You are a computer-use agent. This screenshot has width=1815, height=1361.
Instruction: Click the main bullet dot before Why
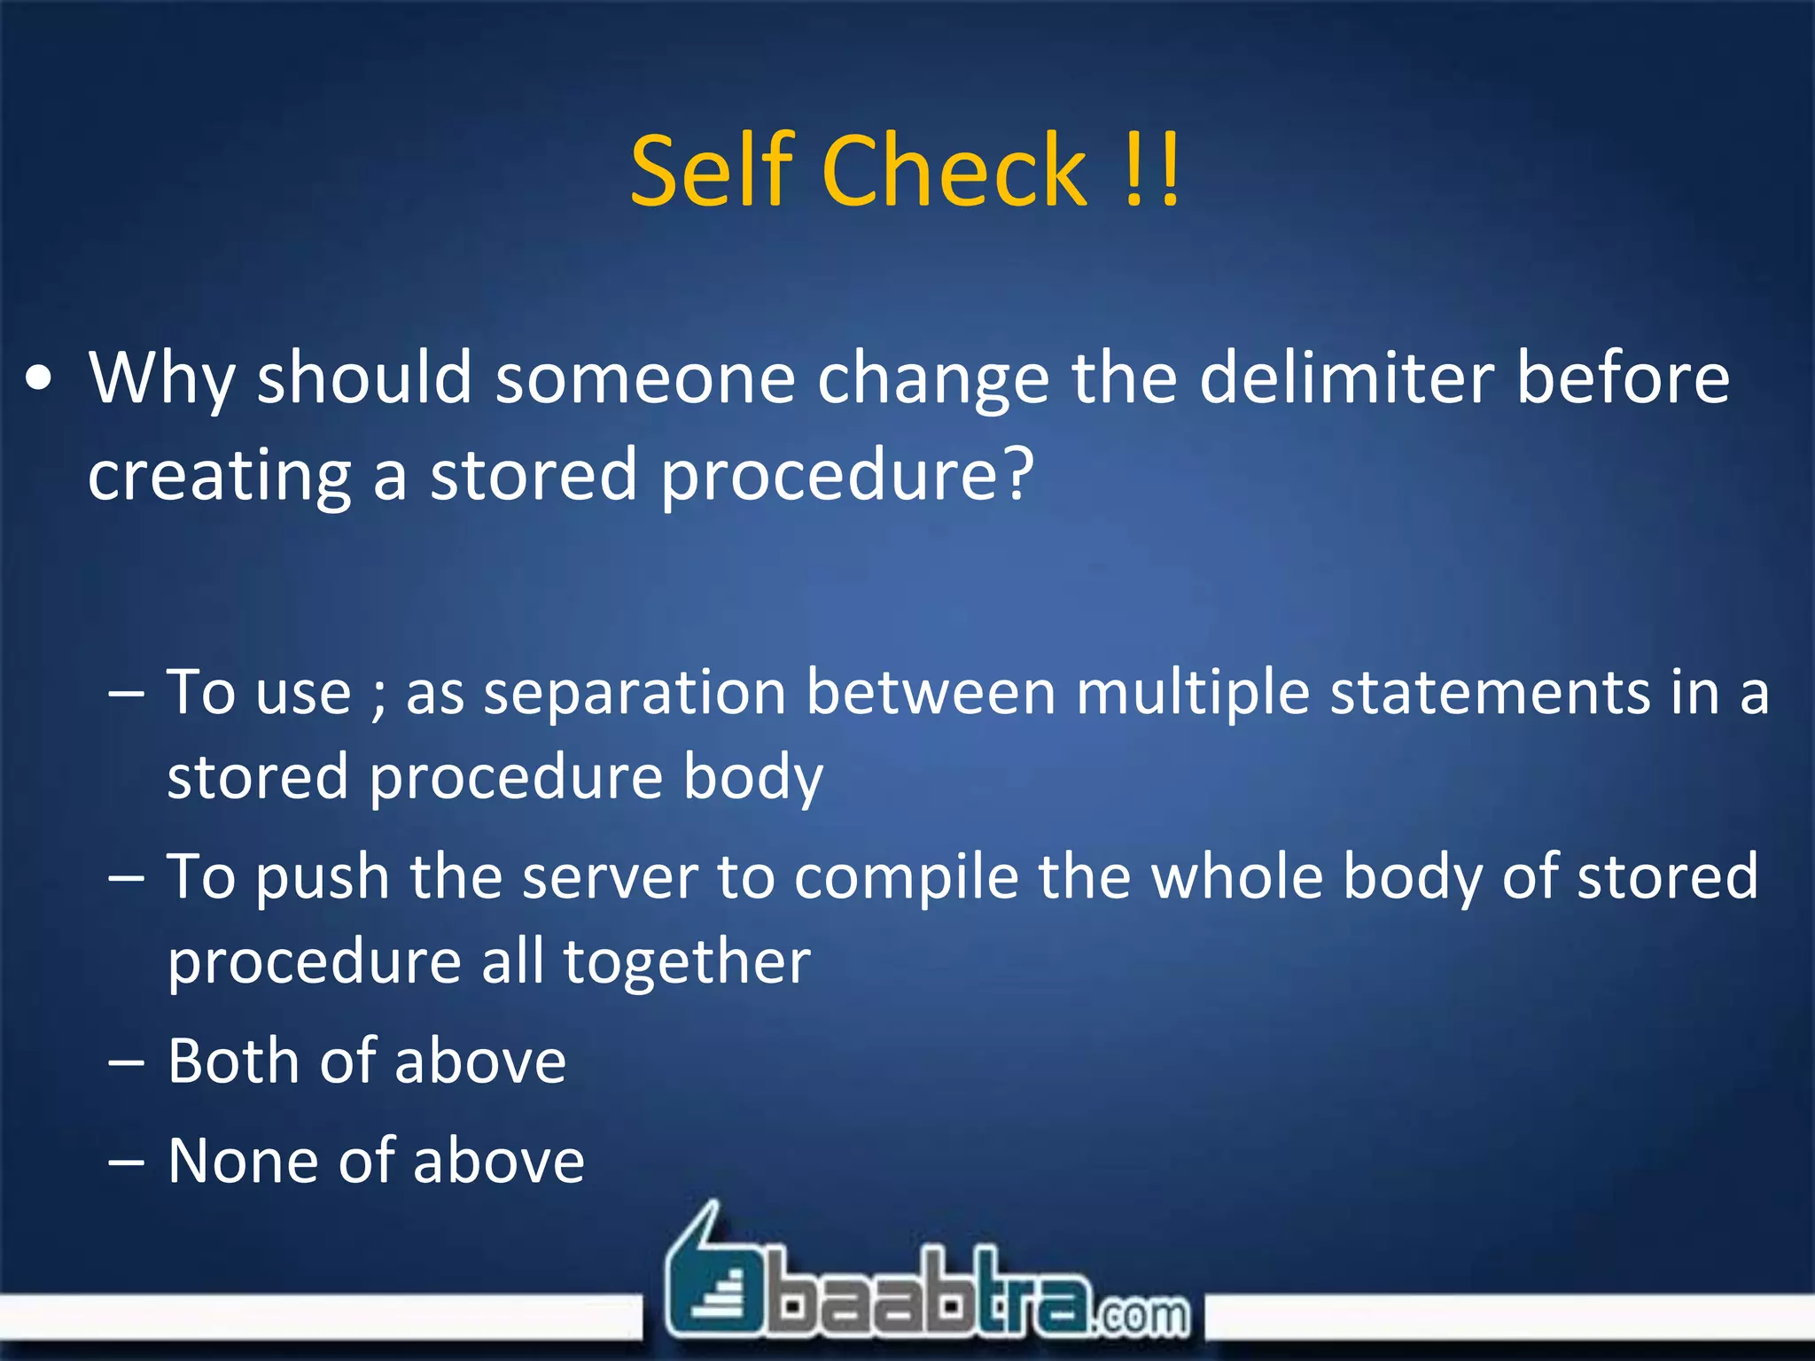(x=39, y=380)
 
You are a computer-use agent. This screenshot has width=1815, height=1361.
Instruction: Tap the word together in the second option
(x=687, y=962)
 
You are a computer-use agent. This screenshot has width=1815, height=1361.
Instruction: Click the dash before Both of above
(x=126, y=1062)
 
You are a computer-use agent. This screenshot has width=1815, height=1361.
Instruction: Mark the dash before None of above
(x=126, y=1163)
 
